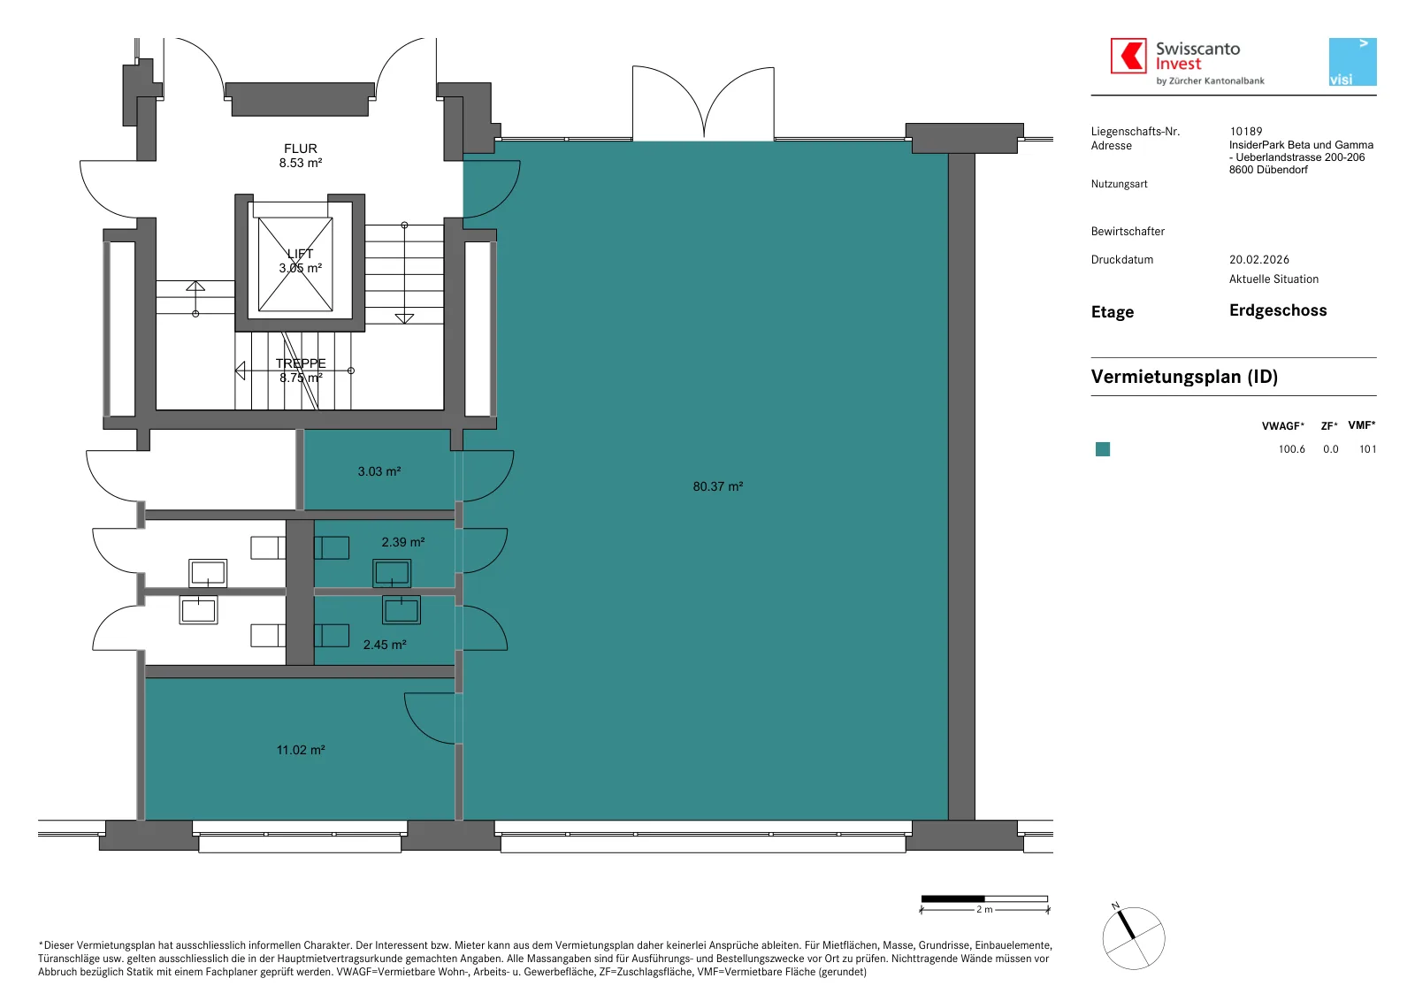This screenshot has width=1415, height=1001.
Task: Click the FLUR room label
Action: tap(300, 149)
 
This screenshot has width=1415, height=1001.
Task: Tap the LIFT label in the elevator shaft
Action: tap(300, 254)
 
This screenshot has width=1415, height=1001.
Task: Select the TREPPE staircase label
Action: tap(301, 363)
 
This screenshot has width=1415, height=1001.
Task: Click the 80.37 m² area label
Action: tap(717, 486)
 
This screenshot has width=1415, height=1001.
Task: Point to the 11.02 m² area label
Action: tap(301, 750)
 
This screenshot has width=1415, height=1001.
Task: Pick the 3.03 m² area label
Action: tap(379, 471)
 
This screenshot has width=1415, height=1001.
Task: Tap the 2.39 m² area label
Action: tap(403, 542)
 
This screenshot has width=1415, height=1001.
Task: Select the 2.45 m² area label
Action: tap(385, 644)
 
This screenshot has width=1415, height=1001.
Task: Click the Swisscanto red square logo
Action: tap(1128, 56)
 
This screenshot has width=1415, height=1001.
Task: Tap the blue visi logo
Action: tap(1352, 62)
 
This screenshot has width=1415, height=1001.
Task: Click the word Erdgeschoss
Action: tap(1277, 310)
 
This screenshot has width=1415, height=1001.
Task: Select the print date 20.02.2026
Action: tap(1259, 260)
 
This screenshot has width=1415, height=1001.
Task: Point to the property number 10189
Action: tap(1246, 132)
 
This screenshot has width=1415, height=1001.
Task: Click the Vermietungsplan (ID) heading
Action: tap(1184, 377)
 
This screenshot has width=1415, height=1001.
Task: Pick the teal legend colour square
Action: tap(1102, 449)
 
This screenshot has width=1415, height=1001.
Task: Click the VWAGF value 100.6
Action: tap(1291, 449)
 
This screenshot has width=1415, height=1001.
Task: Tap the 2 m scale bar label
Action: tap(984, 909)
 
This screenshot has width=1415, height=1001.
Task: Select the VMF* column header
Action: tap(1361, 425)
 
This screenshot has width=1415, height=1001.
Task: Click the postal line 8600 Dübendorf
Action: tap(1268, 170)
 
